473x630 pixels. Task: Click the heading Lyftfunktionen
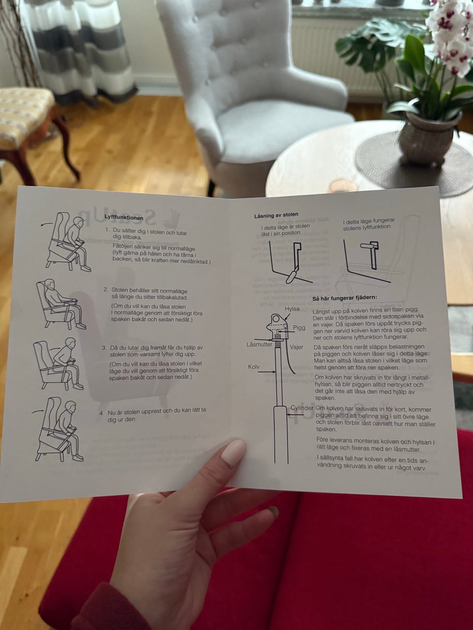(124, 218)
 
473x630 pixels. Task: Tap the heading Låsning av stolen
(276, 215)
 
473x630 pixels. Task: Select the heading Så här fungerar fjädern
(344, 298)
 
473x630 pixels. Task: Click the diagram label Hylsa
(292, 309)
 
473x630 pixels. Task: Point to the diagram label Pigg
(299, 328)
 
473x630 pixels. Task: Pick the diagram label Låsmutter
(259, 345)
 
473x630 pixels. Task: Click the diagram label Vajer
(297, 347)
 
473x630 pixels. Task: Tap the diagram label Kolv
(254, 367)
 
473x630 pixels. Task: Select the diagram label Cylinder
(302, 408)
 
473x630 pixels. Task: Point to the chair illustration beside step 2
(60, 304)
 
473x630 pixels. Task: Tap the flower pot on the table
(429, 137)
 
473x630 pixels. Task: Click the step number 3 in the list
(104, 348)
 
